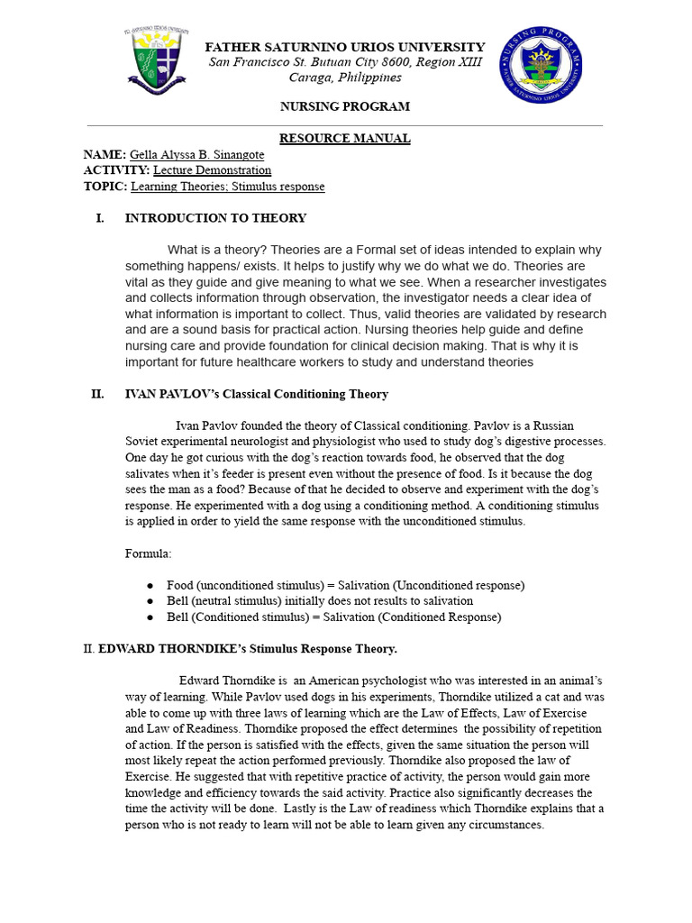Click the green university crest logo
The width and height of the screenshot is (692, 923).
click(159, 61)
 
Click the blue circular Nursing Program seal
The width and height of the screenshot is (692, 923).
click(541, 65)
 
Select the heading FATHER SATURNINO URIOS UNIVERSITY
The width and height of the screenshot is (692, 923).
click(345, 47)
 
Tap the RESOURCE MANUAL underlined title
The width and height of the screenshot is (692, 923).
click(344, 138)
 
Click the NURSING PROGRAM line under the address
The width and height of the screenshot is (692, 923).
click(344, 106)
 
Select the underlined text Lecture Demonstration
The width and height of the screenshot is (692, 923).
click(212, 170)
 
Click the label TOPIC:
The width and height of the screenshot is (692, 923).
click(105, 187)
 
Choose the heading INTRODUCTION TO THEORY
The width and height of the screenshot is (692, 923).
click(215, 218)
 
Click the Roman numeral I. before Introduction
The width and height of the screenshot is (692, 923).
click(100, 218)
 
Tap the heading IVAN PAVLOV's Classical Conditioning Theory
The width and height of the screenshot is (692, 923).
click(257, 394)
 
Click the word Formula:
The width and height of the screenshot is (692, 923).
click(148, 553)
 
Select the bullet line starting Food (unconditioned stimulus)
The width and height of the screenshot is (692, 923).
click(345, 585)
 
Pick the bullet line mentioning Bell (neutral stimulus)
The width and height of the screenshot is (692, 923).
click(320, 601)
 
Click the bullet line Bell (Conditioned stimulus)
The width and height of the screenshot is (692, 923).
click(333, 617)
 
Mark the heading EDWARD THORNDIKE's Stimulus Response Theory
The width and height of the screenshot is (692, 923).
click(248, 649)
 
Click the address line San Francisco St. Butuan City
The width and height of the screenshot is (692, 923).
click(345, 62)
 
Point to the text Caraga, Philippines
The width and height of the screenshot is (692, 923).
click(345, 78)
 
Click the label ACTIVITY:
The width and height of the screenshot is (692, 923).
click(116, 170)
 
